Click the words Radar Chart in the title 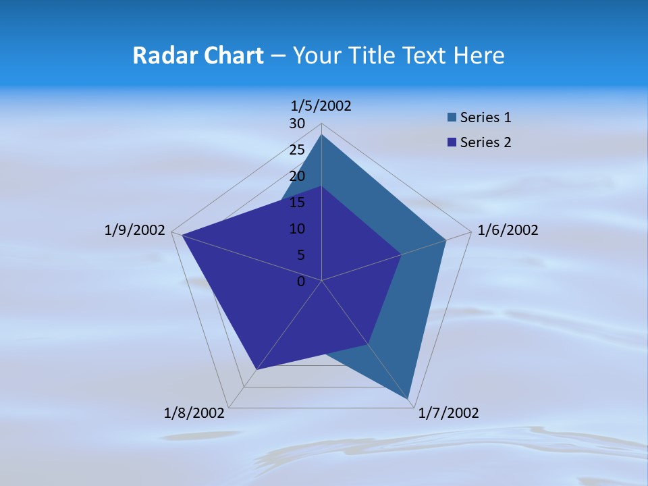(198, 55)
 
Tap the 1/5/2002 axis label (321, 105)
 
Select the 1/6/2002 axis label (508, 230)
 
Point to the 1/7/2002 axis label (448, 413)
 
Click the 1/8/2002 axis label (194, 413)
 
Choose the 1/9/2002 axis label (134, 230)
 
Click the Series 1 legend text (485, 117)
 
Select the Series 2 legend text (485, 142)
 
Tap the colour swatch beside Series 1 (452, 117)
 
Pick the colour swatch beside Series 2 (452, 142)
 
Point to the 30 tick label (297, 124)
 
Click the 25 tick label (297, 150)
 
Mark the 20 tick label (297, 176)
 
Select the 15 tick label (297, 202)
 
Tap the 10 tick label (297, 229)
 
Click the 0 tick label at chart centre (301, 281)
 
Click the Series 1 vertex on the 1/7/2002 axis (408, 399)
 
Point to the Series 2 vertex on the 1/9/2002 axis (182, 235)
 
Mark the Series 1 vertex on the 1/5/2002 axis (321, 134)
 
